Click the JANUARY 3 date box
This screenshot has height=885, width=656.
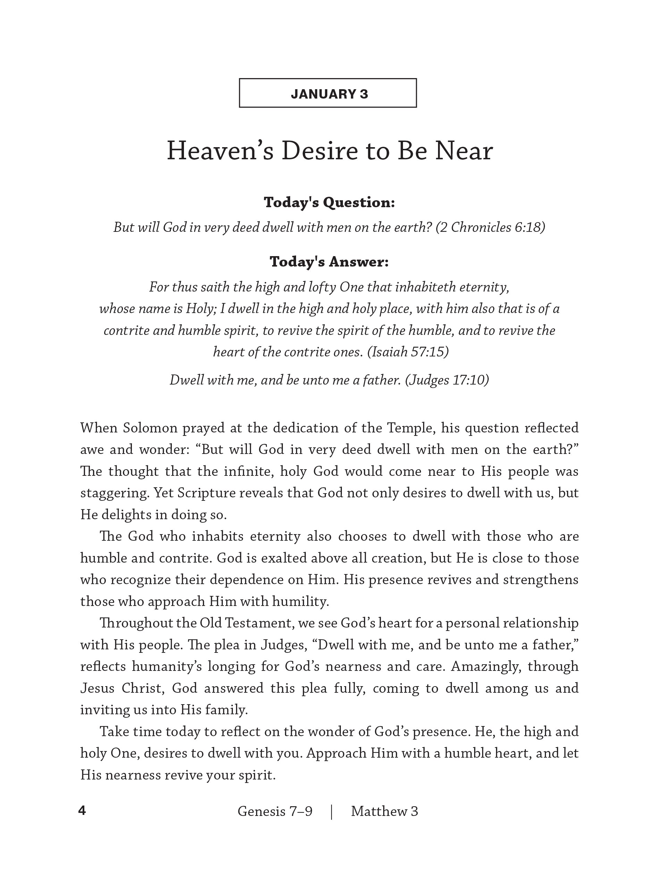(328, 93)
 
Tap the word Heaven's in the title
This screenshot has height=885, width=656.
(220, 151)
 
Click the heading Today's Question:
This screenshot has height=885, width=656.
(329, 202)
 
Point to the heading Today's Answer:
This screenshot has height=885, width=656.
(329, 262)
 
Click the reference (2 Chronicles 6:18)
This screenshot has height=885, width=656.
(490, 228)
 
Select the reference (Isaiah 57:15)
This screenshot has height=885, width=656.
(408, 352)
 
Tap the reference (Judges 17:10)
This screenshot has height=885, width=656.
(447, 380)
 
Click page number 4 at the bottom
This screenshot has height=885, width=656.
(82, 810)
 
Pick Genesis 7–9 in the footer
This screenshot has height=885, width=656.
(275, 811)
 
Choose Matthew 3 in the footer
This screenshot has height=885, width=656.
(384, 811)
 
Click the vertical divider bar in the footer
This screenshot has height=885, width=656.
(331, 811)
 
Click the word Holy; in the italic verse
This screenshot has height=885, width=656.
(201, 309)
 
